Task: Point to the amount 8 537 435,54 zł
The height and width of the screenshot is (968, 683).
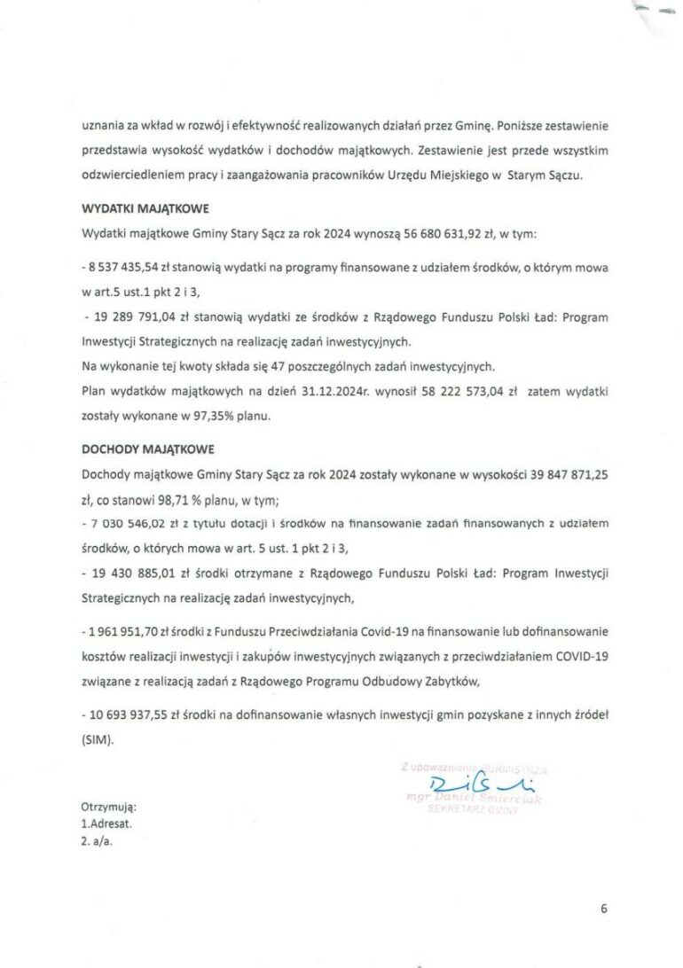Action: tap(125, 266)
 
